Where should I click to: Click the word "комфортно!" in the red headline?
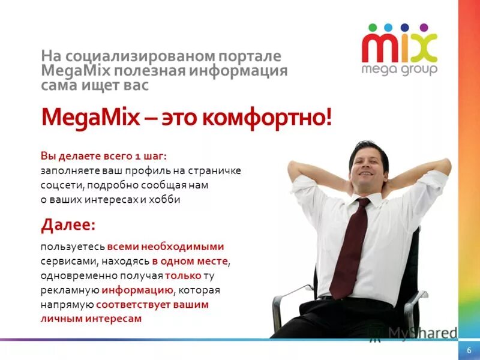pyautogui.click(x=266, y=116)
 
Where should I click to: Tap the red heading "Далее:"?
pyautogui.click(x=68, y=225)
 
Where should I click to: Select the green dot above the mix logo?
pyautogui.click(x=372, y=27)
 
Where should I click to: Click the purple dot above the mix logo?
pyautogui.click(x=424, y=27)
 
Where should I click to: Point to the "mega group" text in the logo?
pyautogui.click(x=399, y=68)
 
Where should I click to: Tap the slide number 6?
pyautogui.click(x=469, y=350)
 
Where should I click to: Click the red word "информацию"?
pyautogui.click(x=137, y=290)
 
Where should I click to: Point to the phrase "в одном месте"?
pyautogui.click(x=190, y=262)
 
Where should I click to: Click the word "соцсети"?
pyautogui.click(x=58, y=185)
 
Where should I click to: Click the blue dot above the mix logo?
pyautogui.click(x=406, y=27)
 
